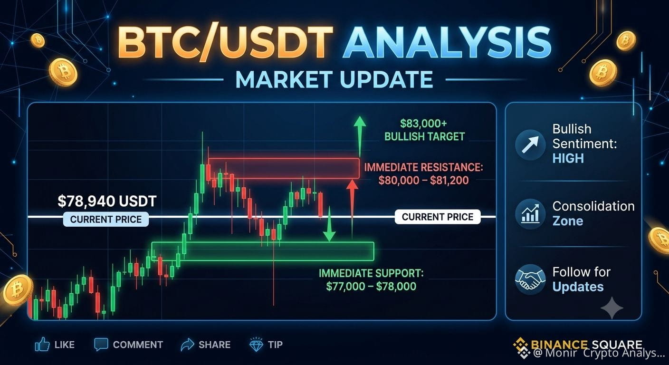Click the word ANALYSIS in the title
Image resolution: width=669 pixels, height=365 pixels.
click(447, 42)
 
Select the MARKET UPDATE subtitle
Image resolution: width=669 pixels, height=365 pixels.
click(334, 80)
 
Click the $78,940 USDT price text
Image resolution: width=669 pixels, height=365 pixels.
click(107, 201)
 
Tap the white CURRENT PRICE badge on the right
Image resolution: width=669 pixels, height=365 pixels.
click(438, 217)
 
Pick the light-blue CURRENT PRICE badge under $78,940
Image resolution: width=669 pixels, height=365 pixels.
click(106, 219)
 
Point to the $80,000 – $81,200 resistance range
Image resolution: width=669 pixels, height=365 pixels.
click(423, 181)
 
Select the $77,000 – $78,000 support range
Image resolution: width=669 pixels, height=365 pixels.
click(371, 287)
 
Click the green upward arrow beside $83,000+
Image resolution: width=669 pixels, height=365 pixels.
click(360, 136)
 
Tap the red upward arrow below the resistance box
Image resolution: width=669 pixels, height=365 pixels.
click(353, 209)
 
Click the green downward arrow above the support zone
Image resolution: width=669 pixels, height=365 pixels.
click(329, 223)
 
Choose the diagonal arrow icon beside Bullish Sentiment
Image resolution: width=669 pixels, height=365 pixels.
click(530, 145)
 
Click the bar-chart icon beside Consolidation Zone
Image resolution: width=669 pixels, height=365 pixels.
click(530, 214)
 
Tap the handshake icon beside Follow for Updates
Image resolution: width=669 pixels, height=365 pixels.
click(530, 279)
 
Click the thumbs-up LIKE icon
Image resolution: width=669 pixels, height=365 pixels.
click(42, 345)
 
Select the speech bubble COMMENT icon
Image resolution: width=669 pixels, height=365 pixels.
click(101, 345)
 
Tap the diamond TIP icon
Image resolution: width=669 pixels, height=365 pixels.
click(256, 345)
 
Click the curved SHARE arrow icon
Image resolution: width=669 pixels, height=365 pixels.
click(187, 345)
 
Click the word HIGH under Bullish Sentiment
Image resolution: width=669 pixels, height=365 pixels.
click(568, 158)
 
